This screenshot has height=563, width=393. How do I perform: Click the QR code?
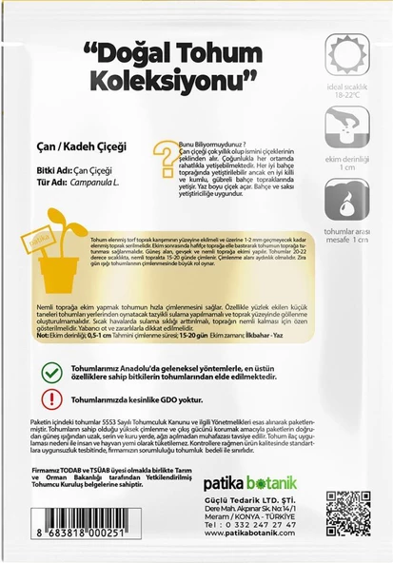[347, 514]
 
